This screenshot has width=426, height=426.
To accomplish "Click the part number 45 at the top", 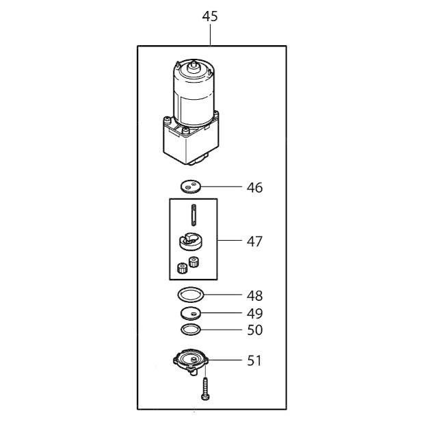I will tap(210, 16).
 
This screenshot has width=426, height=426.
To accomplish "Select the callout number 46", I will tap(254, 187).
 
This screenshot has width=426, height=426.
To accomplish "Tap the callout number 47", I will tap(254, 241).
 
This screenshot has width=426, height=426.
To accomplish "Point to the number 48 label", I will tap(254, 296).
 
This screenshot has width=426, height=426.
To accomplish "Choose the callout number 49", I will tap(254, 314).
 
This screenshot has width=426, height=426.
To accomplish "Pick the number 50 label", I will tap(254, 330).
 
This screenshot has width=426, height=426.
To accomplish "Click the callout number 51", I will tap(254, 360).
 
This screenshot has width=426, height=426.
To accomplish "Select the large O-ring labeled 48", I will tap(191, 295).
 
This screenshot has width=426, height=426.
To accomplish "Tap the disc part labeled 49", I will tap(192, 313).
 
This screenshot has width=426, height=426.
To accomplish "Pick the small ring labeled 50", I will tap(191, 330).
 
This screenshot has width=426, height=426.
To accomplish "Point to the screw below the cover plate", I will tap(204, 390).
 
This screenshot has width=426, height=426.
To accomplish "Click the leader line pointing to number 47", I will tap(230, 241).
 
